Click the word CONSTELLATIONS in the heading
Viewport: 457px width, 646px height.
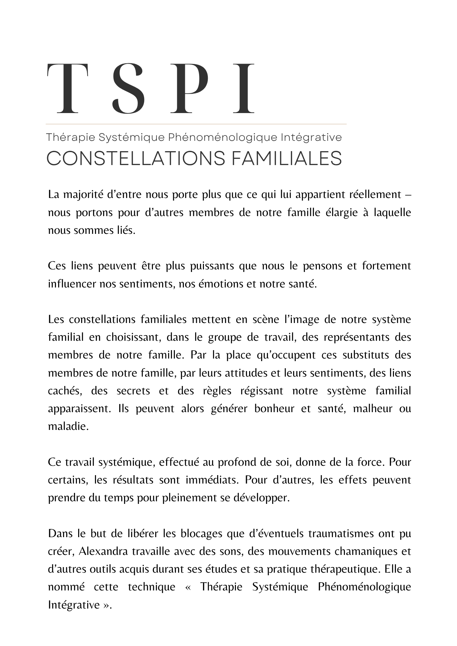pyautogui.click(x=135, y=159)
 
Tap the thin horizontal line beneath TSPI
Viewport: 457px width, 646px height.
pyautogui.click(x=196, y=124)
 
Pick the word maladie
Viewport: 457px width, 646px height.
pyautogui.click(x=68, y=426)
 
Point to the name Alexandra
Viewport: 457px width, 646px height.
pyautogui.click(x=103, y=551)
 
